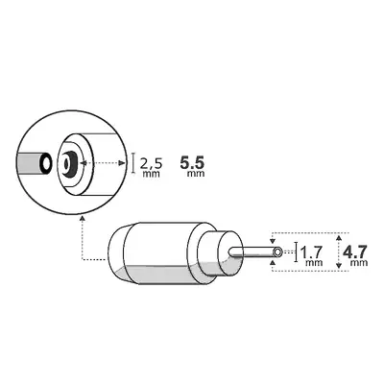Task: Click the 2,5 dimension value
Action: coord(152,163)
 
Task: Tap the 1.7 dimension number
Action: coord(311,253)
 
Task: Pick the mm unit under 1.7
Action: coord(313,265)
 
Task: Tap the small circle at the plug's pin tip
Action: coord(277,252)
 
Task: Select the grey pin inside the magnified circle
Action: coord(36,164)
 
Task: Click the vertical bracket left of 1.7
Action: coord(296,252)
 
